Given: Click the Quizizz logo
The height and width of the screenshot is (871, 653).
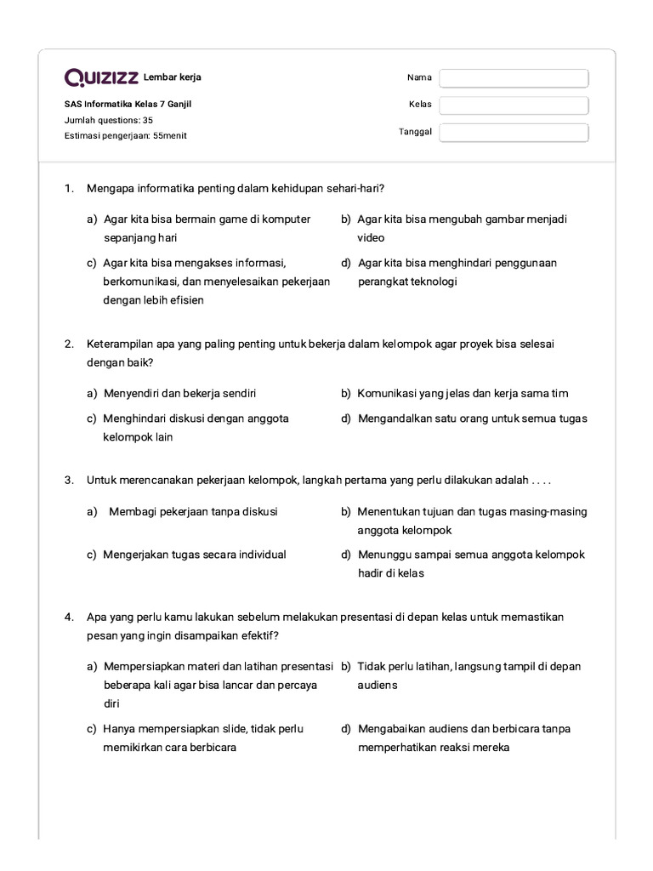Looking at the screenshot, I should (101, 78).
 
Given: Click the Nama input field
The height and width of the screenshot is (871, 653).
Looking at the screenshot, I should (514, 78).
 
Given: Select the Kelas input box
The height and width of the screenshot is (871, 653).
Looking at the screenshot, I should (514, 105).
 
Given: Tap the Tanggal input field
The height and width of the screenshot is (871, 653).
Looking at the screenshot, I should (514, 133).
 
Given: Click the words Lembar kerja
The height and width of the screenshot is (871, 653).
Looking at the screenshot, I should (173, 78).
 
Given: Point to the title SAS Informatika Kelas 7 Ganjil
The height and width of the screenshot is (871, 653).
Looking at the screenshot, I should (122, 105).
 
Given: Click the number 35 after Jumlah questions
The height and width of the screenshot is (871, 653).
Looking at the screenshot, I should (148, 120).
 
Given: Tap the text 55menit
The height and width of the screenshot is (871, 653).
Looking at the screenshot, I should (170, 135).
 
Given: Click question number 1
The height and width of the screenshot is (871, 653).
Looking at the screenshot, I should (69, 188).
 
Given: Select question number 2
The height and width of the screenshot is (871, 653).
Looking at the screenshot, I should (69, 344).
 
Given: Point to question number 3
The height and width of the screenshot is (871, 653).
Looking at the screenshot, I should (69, 481).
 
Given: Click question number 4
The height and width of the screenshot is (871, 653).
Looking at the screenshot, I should (69, 617).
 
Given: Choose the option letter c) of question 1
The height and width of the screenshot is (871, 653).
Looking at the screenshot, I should (91, 263).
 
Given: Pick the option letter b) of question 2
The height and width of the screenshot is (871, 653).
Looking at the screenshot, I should (346, 393).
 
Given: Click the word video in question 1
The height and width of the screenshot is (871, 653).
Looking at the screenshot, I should (371, 238).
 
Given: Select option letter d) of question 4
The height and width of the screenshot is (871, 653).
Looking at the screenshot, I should (346, 729).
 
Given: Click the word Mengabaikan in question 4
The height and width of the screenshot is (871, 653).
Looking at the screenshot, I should (392, 729).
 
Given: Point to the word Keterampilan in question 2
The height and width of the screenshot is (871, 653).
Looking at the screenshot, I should (118, 344).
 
